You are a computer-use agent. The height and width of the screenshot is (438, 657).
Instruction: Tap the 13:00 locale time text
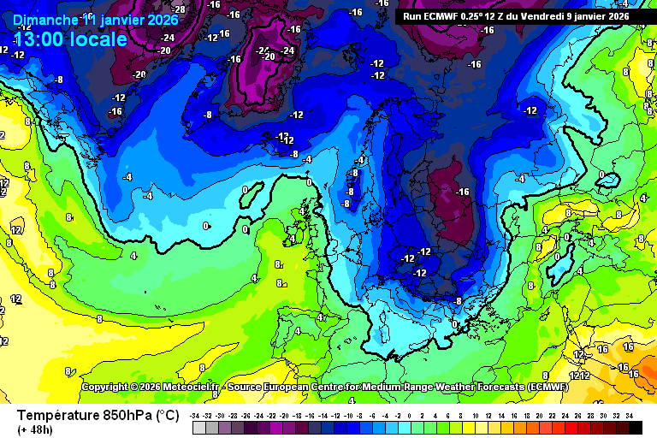point(71,39)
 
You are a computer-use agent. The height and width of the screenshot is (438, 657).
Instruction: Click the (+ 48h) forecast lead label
point(35,429)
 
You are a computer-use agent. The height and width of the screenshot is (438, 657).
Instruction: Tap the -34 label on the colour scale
point(196,415)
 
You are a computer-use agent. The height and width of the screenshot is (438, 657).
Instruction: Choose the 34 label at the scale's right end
point(629,415)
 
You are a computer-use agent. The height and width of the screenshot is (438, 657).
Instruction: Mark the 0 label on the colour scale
point(412,415)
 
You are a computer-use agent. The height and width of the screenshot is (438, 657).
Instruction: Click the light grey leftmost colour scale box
point(198,427)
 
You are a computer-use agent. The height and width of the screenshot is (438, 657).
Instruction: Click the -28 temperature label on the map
point(180,9)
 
